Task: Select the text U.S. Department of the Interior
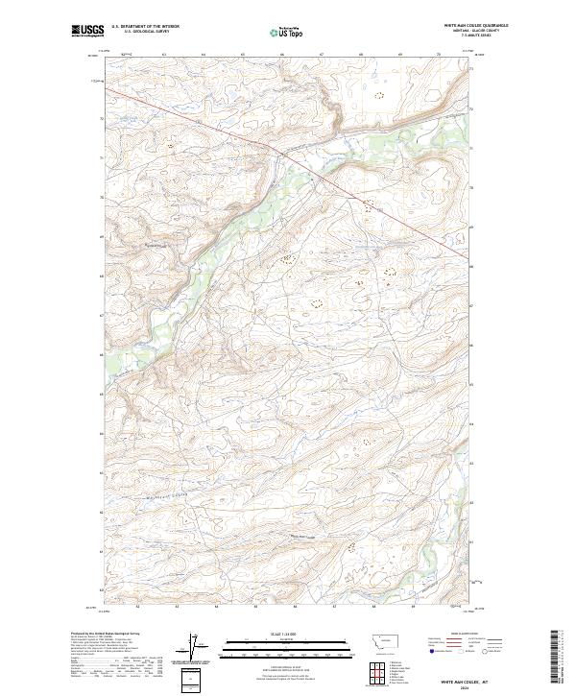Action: coord(145,27)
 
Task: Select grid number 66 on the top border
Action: coord(282,55)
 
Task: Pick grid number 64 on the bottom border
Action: coord(216,607)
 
